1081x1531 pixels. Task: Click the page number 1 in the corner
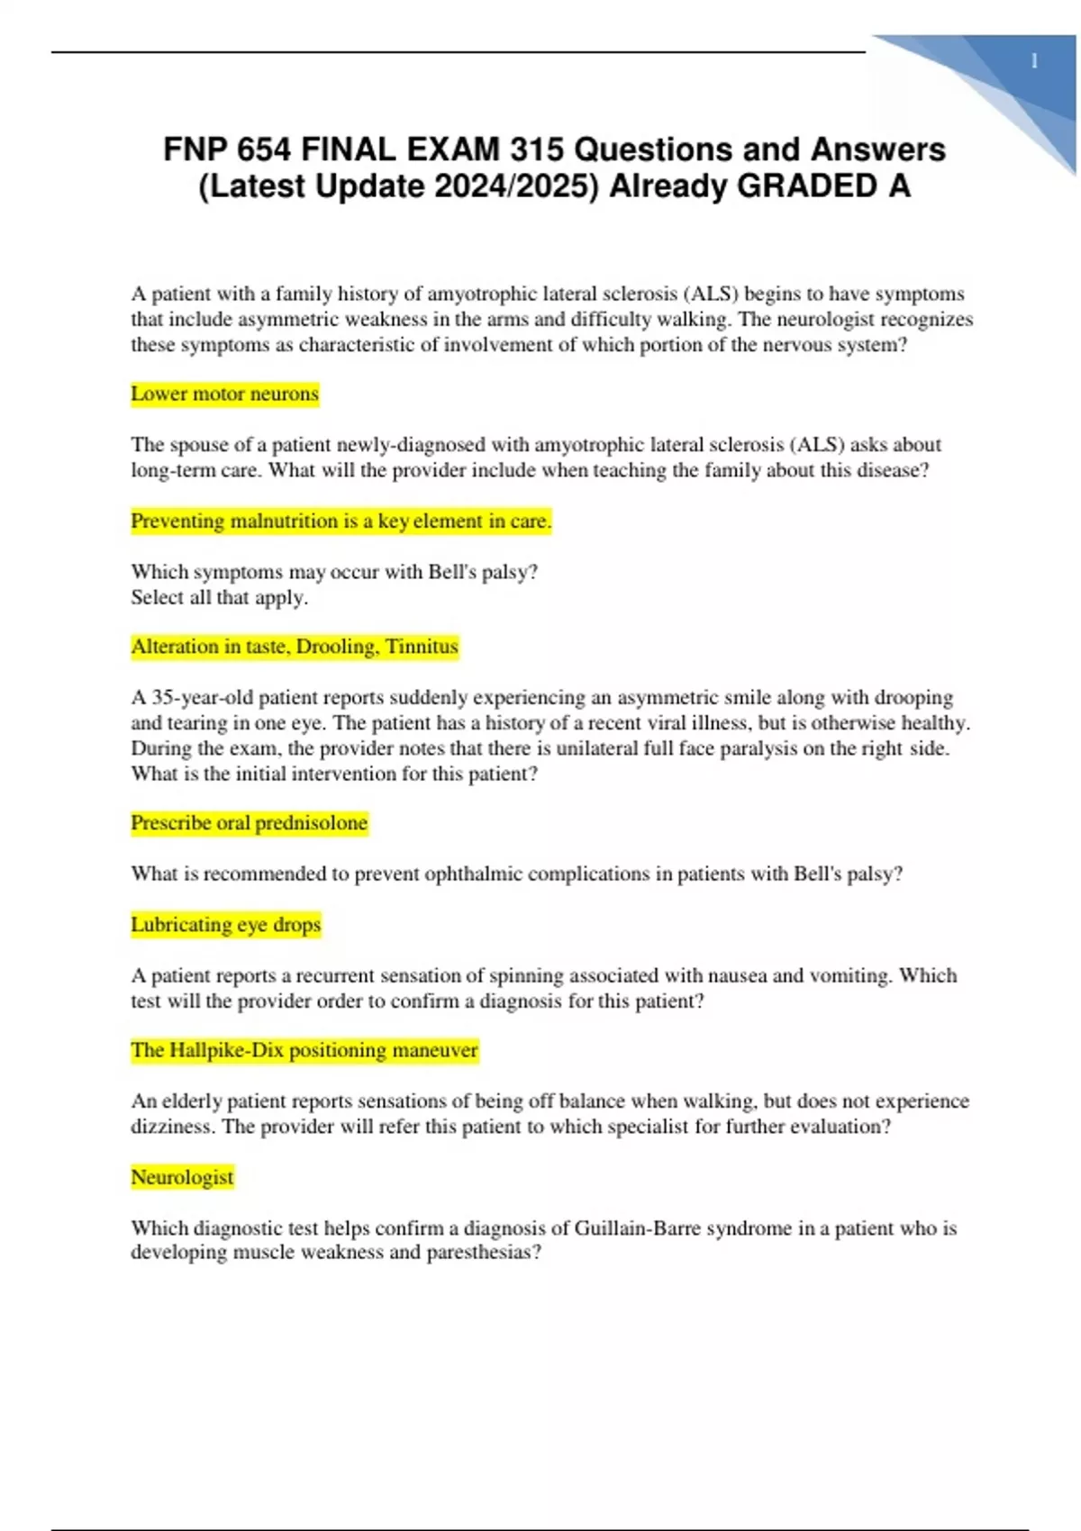pyautogui.click(x=1034, y=61)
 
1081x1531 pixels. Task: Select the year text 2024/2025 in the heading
pyautogui.click(x=518, y=186)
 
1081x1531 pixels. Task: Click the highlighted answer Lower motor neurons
pyautogui.click(x=224, y=394)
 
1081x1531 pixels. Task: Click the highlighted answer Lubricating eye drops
pyautogui.click(x=226, y=925)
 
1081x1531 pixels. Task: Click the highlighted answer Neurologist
pyautogui.click(x=182, y=1177)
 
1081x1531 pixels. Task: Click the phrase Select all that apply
pyautogui.click(x=219, y=597)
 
